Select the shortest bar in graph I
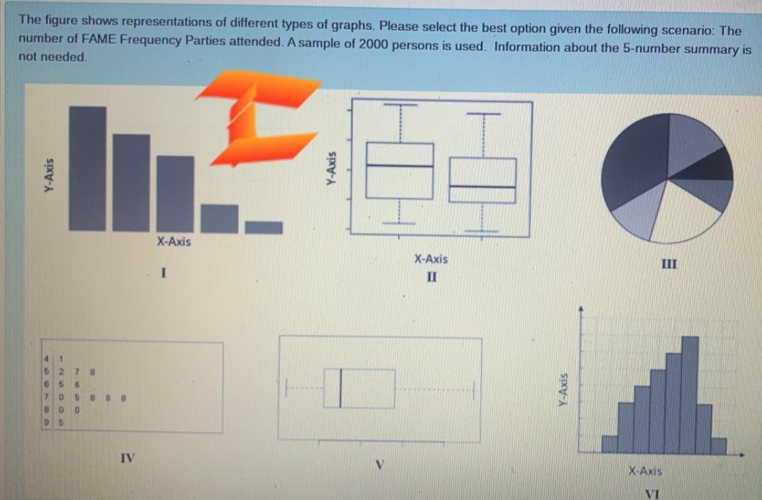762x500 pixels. (x=263, y=228)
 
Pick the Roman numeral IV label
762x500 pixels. (x=127, y=459)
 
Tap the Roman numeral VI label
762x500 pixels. (x=654, y=490)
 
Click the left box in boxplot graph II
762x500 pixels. (x=399, y=170)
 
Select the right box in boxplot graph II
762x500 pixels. (x=482, y=181)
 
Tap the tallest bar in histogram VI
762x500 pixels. (x=688, y=394)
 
